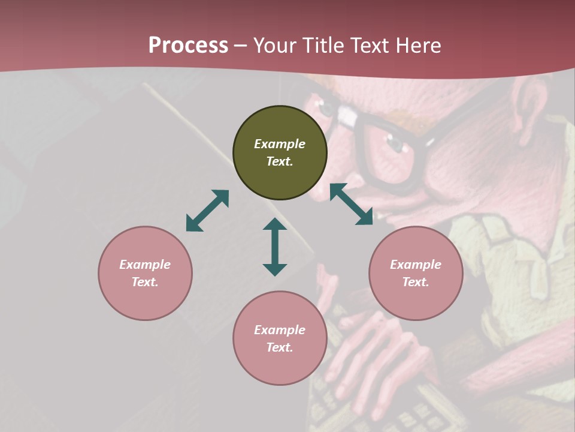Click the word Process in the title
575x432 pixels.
[188, 46]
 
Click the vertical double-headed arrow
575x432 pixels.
[275, 247]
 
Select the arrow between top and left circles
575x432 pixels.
[207, 211]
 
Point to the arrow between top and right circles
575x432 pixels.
[352, 204]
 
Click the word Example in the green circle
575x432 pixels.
[280, 144]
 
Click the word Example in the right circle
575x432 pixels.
[416, 265]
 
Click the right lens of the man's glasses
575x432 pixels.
[389, 150]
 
